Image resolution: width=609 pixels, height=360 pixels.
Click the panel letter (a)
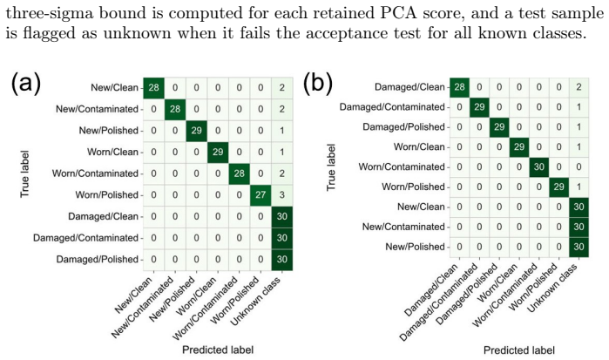coord(26,83)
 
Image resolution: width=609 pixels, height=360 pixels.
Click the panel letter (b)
coord(318,83)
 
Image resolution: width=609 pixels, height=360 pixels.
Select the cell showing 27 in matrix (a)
coord(261,194)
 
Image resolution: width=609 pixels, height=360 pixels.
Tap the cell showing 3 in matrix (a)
coord(282,194)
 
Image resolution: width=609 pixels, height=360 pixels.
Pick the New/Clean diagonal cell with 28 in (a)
coord(154,87)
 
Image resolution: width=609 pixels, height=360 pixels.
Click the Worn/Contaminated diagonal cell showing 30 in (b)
coord(538,166)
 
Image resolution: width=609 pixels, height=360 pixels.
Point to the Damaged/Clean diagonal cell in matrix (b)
coord(459,87)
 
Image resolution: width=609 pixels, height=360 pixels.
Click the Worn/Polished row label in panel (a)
coord(107,194)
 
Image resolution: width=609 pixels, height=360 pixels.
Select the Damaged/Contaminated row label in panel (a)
coord(85,238)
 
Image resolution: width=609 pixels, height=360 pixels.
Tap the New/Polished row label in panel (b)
coord(415,247)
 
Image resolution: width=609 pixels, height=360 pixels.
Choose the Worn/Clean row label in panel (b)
coord(419,147)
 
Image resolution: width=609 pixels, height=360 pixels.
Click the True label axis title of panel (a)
coord(25,173)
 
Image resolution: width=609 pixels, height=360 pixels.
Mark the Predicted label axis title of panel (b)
coord(519,350)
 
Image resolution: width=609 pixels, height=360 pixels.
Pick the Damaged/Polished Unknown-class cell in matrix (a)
coord(282,259)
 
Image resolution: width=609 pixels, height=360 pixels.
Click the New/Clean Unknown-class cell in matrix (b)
coord(579,207)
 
